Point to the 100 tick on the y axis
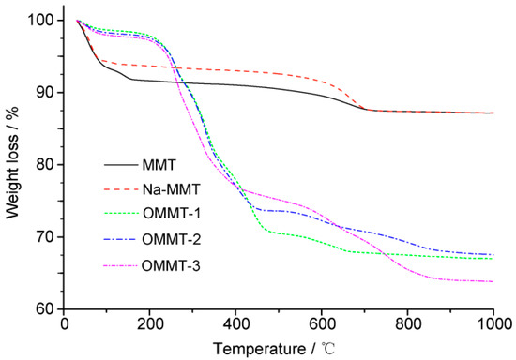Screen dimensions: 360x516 42,20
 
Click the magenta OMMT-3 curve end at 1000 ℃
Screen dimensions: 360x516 493,281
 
